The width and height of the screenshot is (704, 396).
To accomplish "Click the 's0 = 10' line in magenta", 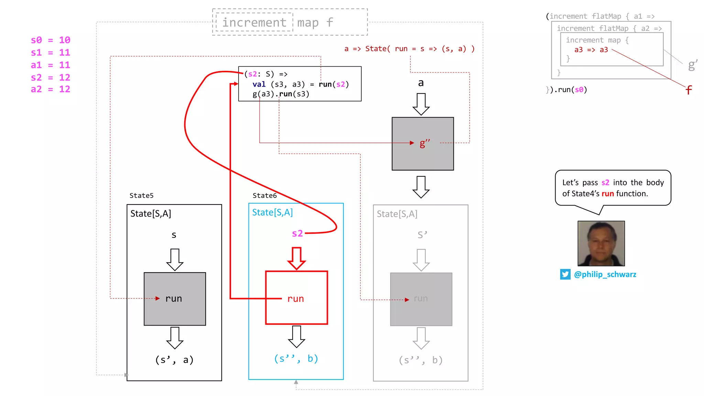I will click(51, 40).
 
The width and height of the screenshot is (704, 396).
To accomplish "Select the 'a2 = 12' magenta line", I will click(51, 89).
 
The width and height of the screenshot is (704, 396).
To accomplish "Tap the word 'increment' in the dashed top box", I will click(254, 23).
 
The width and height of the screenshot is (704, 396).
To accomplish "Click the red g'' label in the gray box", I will click(425, 143).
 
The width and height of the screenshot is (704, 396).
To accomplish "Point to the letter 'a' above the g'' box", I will click(421, 83).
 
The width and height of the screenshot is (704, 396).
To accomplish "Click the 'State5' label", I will click(141, 196).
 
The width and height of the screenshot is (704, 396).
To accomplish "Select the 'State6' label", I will click(264, 196).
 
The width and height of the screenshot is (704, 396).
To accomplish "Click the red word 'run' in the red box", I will click(296, 299).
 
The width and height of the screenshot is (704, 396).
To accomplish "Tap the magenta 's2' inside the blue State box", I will click(297, 234).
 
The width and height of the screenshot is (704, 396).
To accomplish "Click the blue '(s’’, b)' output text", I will click(296, 359).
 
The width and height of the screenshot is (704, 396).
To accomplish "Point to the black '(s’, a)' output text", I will click(174, 360).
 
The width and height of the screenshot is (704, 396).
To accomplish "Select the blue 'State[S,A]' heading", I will click(272, 212).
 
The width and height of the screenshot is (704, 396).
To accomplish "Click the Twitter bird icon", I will click(565, 274).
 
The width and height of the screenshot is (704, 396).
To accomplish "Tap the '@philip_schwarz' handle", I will click(605, 274).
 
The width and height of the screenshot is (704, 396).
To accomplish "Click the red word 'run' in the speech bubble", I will click(607, 194).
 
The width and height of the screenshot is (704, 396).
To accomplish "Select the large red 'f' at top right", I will click(689, 90).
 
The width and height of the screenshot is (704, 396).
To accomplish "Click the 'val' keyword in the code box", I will click(259, 85).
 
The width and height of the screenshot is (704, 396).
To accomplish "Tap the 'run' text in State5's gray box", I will click(174, 299).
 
